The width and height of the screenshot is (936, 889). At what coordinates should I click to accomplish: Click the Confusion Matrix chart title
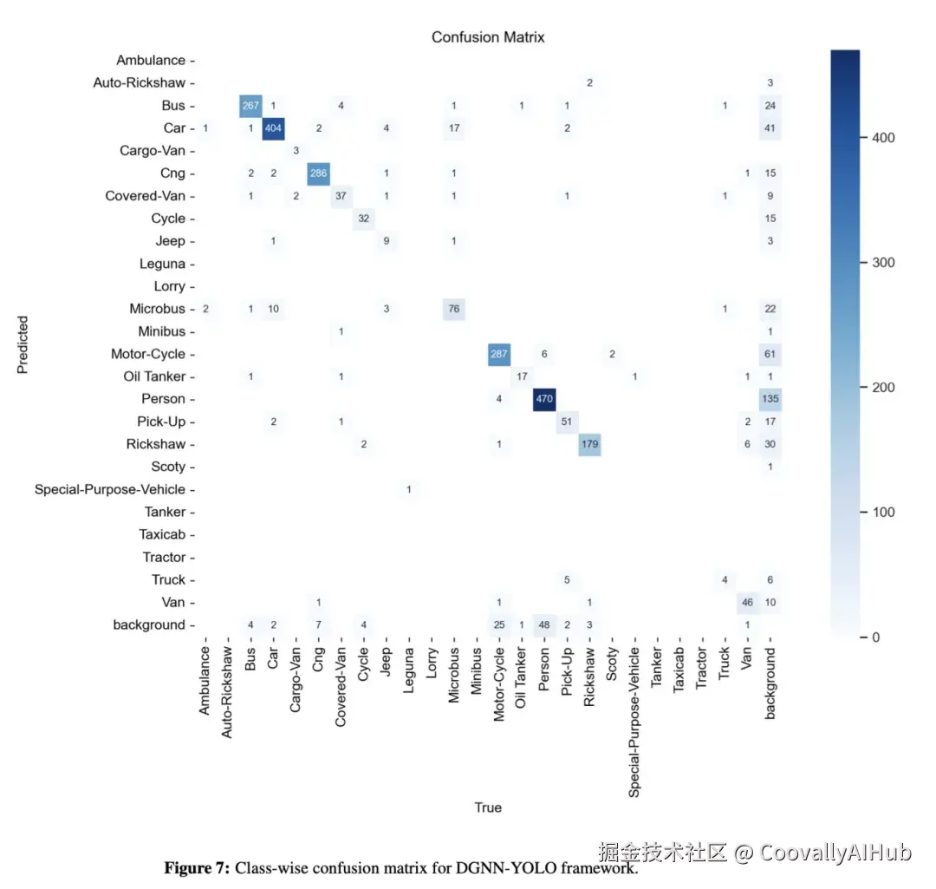488,37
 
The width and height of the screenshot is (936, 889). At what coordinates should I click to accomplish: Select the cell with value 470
544,399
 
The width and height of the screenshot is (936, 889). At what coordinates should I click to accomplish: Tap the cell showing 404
273,128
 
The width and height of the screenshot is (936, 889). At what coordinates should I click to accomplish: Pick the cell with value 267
250,106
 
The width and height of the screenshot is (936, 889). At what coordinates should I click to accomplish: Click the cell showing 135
770,399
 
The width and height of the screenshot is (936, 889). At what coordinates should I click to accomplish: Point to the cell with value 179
589,444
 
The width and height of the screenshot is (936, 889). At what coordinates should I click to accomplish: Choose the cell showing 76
453,309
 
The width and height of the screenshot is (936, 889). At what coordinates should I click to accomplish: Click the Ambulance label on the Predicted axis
151,61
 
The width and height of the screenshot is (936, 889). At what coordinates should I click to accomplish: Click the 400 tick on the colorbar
883,138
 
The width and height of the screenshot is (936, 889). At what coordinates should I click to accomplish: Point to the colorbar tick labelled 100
883,512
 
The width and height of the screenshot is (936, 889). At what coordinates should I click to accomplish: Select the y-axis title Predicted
23,343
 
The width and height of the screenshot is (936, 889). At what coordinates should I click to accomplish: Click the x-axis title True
488,807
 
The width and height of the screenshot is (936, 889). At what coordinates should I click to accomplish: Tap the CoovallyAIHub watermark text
835,853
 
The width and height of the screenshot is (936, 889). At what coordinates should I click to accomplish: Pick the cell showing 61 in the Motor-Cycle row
770,354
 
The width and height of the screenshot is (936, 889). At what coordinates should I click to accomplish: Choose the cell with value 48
544,624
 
